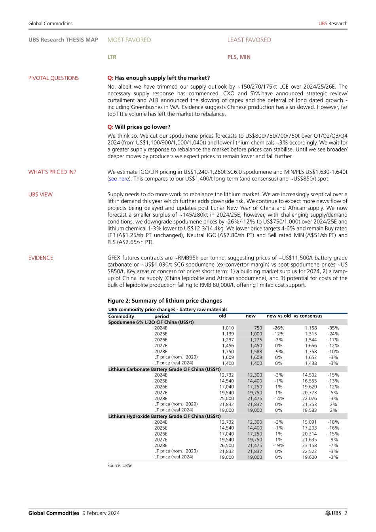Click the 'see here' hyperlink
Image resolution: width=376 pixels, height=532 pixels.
(119, 179)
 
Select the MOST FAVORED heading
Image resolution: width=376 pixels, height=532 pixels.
(129, 40)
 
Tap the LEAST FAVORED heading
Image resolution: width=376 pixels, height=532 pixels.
(249, 40)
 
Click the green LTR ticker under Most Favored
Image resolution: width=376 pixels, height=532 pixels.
(112, 57)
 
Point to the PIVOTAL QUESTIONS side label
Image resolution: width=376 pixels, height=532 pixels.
(53, 78)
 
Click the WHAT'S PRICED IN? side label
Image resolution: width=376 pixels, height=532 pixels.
(52, 172)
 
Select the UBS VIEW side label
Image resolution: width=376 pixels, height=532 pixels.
(40, 195)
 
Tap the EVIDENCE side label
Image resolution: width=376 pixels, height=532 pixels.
(40, 258)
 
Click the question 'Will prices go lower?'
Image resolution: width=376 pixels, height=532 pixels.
(142, 127)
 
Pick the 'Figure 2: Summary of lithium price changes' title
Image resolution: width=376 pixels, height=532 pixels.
(165, 301)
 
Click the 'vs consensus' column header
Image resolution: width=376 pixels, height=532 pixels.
(308, 316)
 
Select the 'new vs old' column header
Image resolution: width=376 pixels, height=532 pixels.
(279, 316)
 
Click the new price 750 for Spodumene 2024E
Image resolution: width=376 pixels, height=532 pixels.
(258, 328)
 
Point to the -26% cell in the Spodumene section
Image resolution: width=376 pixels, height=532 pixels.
(279, 328)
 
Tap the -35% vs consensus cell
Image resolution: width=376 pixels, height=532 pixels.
(333, 328)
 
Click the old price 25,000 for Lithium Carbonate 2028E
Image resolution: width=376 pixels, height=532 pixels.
(227, 399)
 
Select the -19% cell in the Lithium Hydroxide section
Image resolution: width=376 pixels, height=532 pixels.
(279, 445)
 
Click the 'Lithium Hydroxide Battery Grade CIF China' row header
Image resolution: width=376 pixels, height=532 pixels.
(164, 416)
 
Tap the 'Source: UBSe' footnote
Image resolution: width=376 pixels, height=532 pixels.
(120, 466)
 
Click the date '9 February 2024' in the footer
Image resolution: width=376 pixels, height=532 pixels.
(101, 513)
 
